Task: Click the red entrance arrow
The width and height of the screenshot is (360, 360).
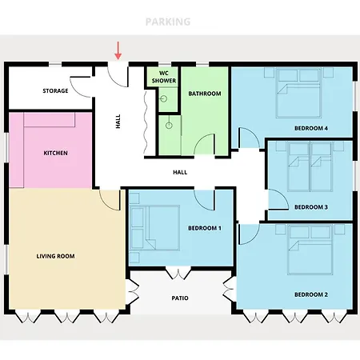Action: point(118,50)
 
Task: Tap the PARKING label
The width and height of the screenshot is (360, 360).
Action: point(168,22)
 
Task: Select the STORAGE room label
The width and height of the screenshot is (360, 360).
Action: point(55,90)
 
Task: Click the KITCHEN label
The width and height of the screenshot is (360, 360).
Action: point(55,153)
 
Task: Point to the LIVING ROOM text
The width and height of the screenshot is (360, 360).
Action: point(55,256)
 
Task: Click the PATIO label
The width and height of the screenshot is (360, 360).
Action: point(180,298)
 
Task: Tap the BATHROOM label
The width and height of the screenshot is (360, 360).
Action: point(205,94)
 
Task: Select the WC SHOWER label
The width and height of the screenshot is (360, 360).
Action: point(164,77)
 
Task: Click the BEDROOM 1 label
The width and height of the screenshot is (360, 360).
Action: point(205,228)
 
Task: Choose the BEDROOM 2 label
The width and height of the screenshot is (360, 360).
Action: point(311,294)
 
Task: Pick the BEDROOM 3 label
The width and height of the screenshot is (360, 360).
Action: point(311,207)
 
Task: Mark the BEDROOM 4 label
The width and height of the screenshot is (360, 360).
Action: point(311,128)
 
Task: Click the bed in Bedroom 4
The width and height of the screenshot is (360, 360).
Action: point(298,93)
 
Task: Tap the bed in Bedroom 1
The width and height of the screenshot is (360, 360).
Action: point(154,228)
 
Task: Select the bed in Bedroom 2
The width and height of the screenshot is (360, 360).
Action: point(310,250)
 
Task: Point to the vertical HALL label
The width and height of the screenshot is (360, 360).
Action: point(118,122)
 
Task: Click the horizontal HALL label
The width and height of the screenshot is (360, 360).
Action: point(180,173)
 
